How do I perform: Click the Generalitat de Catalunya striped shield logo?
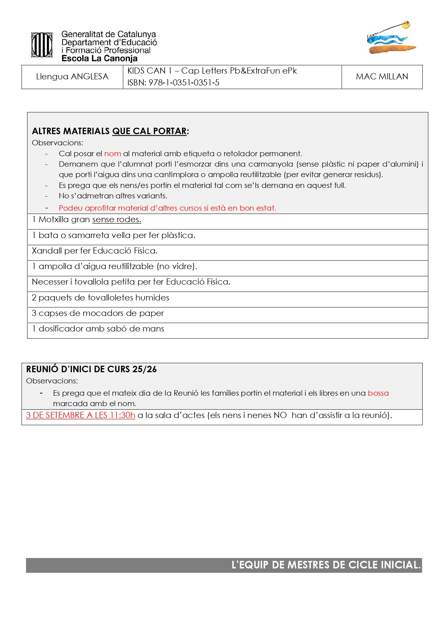(x=42, y=45)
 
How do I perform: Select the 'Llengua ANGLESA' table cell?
(x=72, y=76)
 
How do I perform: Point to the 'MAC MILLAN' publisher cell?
(x=382, y=76)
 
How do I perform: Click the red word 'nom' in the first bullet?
(x=112, y=154)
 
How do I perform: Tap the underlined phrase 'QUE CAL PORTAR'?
(x=149, y=131)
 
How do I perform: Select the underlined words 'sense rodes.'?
(x=117, y=220)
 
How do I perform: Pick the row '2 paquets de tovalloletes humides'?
(x=100, y=298)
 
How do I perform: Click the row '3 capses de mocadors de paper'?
(x=98, y=313)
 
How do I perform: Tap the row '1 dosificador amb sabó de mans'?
(x=98, y=329)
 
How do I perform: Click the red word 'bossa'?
(x=378, y=393)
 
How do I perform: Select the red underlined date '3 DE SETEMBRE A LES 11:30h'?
(x=81, y=415)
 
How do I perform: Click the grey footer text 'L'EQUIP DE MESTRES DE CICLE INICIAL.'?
(x=326, y=565)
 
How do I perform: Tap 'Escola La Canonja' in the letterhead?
(x=99, y=58)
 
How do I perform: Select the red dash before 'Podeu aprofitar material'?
(x=47, y=208)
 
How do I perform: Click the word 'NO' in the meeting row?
(x=280, y=415)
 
